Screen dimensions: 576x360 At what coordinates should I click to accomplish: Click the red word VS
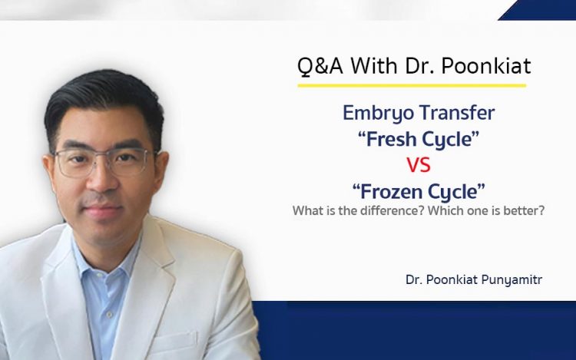click(x=419, y=165)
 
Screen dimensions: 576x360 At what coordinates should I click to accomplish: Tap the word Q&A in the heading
click(x=320, y=66)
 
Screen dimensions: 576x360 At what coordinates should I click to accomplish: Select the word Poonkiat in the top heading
click(x=486, y=66)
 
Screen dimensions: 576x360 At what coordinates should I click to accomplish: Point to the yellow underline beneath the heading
click(x=412, y=85)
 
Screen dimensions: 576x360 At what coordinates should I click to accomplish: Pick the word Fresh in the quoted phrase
click(x=388, y=139)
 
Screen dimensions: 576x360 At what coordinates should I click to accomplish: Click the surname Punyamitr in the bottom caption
click(x=511, y=280)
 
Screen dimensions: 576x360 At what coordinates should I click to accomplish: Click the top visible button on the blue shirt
click(x=108, y=315)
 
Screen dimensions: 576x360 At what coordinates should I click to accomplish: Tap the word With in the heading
click(x=374, y=66)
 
